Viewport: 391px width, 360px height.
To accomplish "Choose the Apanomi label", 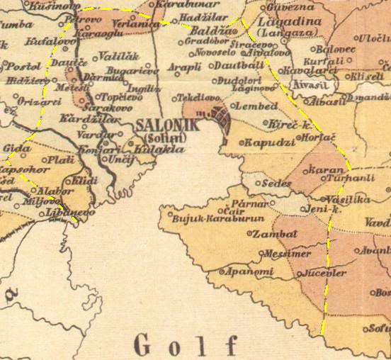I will (x=248, y=271).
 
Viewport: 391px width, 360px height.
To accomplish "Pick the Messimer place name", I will (x=288, y=253).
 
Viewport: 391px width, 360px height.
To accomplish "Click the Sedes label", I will (x=277, y=182).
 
